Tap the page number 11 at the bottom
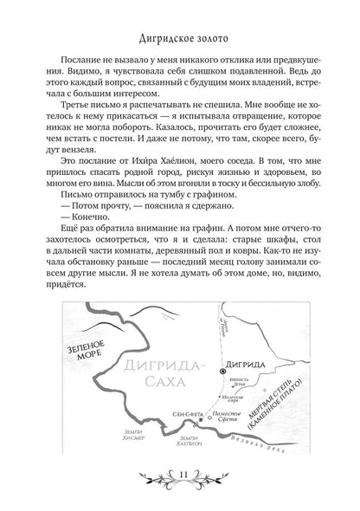[x=181, y=495]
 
